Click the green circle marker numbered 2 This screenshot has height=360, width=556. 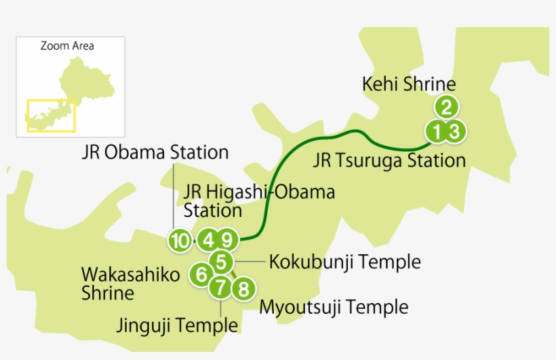click(x=446, y=107)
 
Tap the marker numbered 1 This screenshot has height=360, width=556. click(x=437, y=131)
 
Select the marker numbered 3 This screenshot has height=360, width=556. click(x=455, y=131)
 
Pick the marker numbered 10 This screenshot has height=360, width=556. click(x=180, y=240)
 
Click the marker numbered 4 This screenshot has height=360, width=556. click(x=208, y=239)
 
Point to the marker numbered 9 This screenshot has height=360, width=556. click(x=228, y=239)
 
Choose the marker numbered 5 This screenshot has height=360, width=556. click(x=222, y=261)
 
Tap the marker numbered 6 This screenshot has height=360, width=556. click(x=201, y=275)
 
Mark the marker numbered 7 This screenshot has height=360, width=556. click(x=220, y=287)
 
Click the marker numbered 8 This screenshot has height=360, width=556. click(x=243, y=289)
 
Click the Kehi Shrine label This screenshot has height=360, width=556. click(x=409, y=85)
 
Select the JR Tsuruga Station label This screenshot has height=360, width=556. click(x=389, y=161)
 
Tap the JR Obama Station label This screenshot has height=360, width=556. click(x=155, y=152)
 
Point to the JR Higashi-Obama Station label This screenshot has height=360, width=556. click(x=258, y=200)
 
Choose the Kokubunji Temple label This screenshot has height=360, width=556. click(x=344, y=262)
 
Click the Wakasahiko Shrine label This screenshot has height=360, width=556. click(x=130, y=284)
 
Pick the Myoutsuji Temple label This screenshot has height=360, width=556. click(x=334, y=307)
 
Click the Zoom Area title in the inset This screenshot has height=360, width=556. click(x=67, y=46)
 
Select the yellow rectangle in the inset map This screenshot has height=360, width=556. click(x=51, y=116)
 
